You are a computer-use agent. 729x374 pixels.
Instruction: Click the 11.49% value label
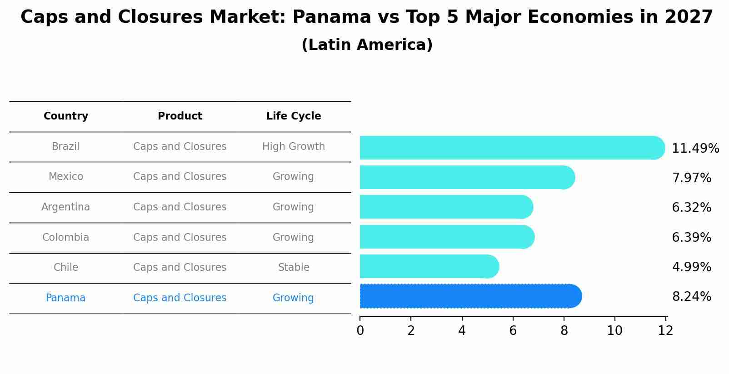(695, 149)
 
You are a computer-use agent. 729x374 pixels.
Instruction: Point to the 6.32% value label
(691, 208)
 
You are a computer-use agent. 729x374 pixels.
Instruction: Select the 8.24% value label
(691, 297)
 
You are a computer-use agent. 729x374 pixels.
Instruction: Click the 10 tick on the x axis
(614, 331)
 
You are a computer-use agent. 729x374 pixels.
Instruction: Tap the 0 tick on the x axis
(360, 331)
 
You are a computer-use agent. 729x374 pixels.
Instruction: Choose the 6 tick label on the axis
(513, 331)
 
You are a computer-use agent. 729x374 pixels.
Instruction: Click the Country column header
(66, 116)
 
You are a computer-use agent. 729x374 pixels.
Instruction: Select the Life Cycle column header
(294, 116)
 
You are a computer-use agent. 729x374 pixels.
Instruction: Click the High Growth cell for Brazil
(294, 147)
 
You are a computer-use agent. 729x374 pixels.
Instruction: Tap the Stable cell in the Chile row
(294, 268)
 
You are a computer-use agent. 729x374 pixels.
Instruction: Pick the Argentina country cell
(66, 207)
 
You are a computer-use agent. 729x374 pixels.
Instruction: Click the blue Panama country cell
(66, 298)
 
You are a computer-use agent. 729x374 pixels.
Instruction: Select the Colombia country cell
(66, 238)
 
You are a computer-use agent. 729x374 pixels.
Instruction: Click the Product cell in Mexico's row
(180, 177)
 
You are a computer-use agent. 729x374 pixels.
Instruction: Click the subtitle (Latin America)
(367, 45)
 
